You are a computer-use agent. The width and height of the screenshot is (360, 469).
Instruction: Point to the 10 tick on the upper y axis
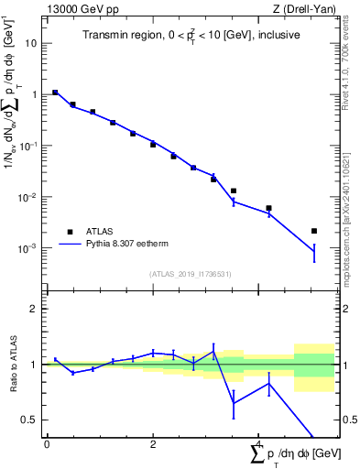33,43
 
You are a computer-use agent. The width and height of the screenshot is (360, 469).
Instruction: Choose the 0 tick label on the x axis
47,443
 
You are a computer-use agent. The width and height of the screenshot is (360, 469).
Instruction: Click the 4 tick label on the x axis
259,443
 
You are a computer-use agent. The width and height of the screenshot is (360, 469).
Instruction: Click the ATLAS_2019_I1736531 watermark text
190,274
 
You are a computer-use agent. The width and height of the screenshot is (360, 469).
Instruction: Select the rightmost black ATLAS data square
314,231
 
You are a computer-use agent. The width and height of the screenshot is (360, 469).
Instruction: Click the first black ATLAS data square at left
55,93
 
